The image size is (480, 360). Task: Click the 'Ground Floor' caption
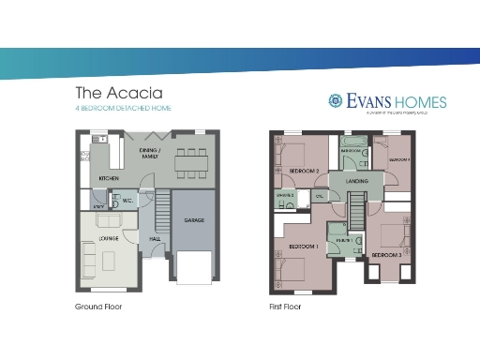tap(98, 307)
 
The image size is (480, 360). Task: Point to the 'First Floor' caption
tap(287, 307)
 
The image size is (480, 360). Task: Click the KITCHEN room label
tap(109, 178)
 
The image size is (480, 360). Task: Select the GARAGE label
tap(194, 220)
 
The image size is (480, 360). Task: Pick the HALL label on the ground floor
tap(157, 238)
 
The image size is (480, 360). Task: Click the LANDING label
tap(356, 180)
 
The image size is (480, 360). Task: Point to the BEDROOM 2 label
tap(305, 171)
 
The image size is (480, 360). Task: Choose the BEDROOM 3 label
tap(386, 254)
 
